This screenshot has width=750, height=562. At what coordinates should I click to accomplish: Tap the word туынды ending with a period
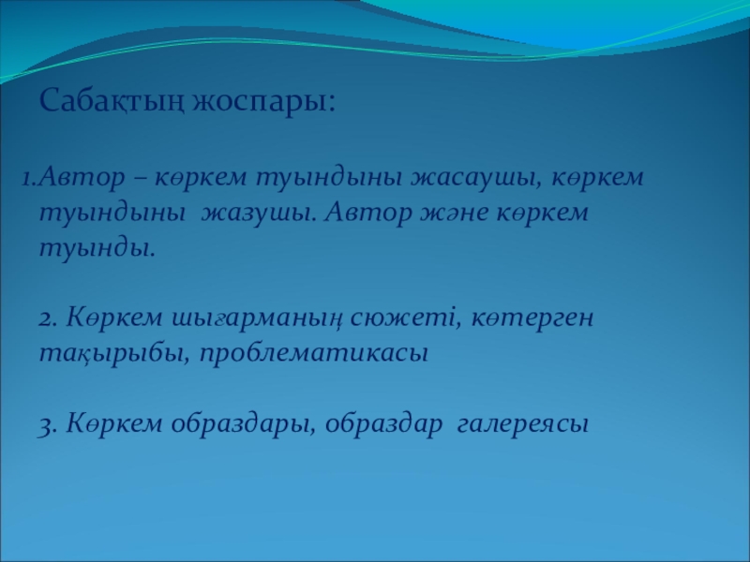tap(97, 248)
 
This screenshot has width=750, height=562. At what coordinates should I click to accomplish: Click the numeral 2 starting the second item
tap(48, 318)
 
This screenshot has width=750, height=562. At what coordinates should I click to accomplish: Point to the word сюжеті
tap(406, 318)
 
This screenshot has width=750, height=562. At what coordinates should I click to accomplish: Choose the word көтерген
tap(532, 318)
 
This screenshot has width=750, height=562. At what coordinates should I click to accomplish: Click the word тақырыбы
tap(114, 355)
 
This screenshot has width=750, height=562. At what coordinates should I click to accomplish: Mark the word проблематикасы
tap(314, 355)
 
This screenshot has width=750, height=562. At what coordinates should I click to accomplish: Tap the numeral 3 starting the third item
tap(48, 425)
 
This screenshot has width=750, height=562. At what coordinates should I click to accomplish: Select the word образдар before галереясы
tap(384, 424)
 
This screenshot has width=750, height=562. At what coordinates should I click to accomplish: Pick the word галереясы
tap(523, 425)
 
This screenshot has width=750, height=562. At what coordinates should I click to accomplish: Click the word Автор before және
tap(367, 214)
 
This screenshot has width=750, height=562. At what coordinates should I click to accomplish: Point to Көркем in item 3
tap(114, 424)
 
